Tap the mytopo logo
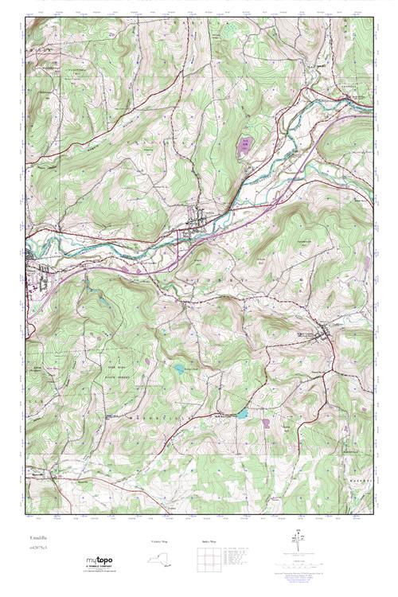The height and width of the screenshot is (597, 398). (x=99, y=560)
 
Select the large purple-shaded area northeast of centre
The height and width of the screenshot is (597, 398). (x=245, y=146)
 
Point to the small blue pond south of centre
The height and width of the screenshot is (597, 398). (x=181, y=369)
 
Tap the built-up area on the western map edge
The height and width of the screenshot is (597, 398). (x=36, y=267)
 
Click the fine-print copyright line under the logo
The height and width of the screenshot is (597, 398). (x=99, y=572)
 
